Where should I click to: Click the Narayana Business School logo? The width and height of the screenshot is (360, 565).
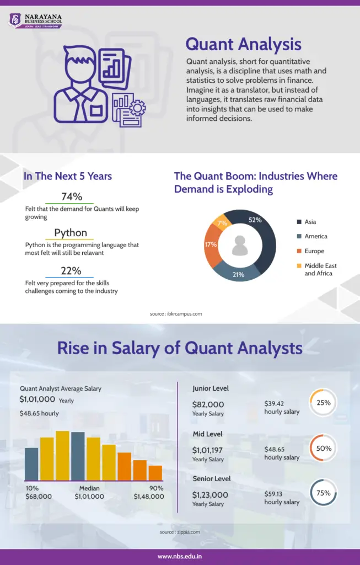[35, 20]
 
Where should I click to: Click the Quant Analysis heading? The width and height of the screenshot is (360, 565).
[243, 44]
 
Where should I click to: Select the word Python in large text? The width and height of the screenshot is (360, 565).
[71, 232]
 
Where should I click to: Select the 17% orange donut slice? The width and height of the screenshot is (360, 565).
[211, 245]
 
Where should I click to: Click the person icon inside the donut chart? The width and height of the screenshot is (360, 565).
[240, 246]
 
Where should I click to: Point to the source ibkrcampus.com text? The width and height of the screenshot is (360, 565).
[176, 313]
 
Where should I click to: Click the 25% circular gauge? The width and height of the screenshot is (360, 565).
[324, 403]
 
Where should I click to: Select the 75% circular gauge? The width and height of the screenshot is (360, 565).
[324, 493]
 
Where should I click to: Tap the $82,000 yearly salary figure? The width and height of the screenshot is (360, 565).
[208, 404]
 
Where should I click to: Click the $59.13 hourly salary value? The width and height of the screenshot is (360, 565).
[274, 494]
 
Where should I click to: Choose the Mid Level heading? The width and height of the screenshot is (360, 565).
[207, 434]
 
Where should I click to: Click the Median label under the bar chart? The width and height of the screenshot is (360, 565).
[89, 488]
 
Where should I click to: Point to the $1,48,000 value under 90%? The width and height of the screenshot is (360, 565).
[148, 497]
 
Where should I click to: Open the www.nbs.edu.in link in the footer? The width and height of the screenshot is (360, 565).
[180, 556]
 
